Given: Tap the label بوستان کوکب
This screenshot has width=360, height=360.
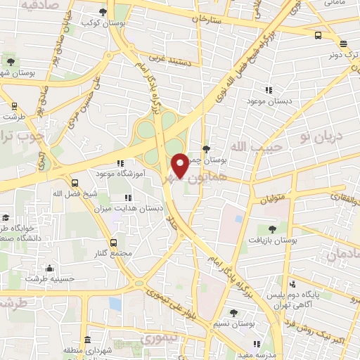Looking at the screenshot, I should point(103,22).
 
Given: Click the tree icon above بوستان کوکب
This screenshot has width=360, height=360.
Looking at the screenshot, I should point(103,12).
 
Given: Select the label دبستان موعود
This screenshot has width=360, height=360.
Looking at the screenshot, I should point(269,101).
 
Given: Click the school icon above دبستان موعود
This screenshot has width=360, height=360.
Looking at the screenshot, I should point(269,90).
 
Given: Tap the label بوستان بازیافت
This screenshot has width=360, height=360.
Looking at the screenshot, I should point(272,240).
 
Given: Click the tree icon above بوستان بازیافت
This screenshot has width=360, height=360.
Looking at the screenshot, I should point(272,229).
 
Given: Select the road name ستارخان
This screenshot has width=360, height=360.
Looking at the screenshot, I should point(214,18).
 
